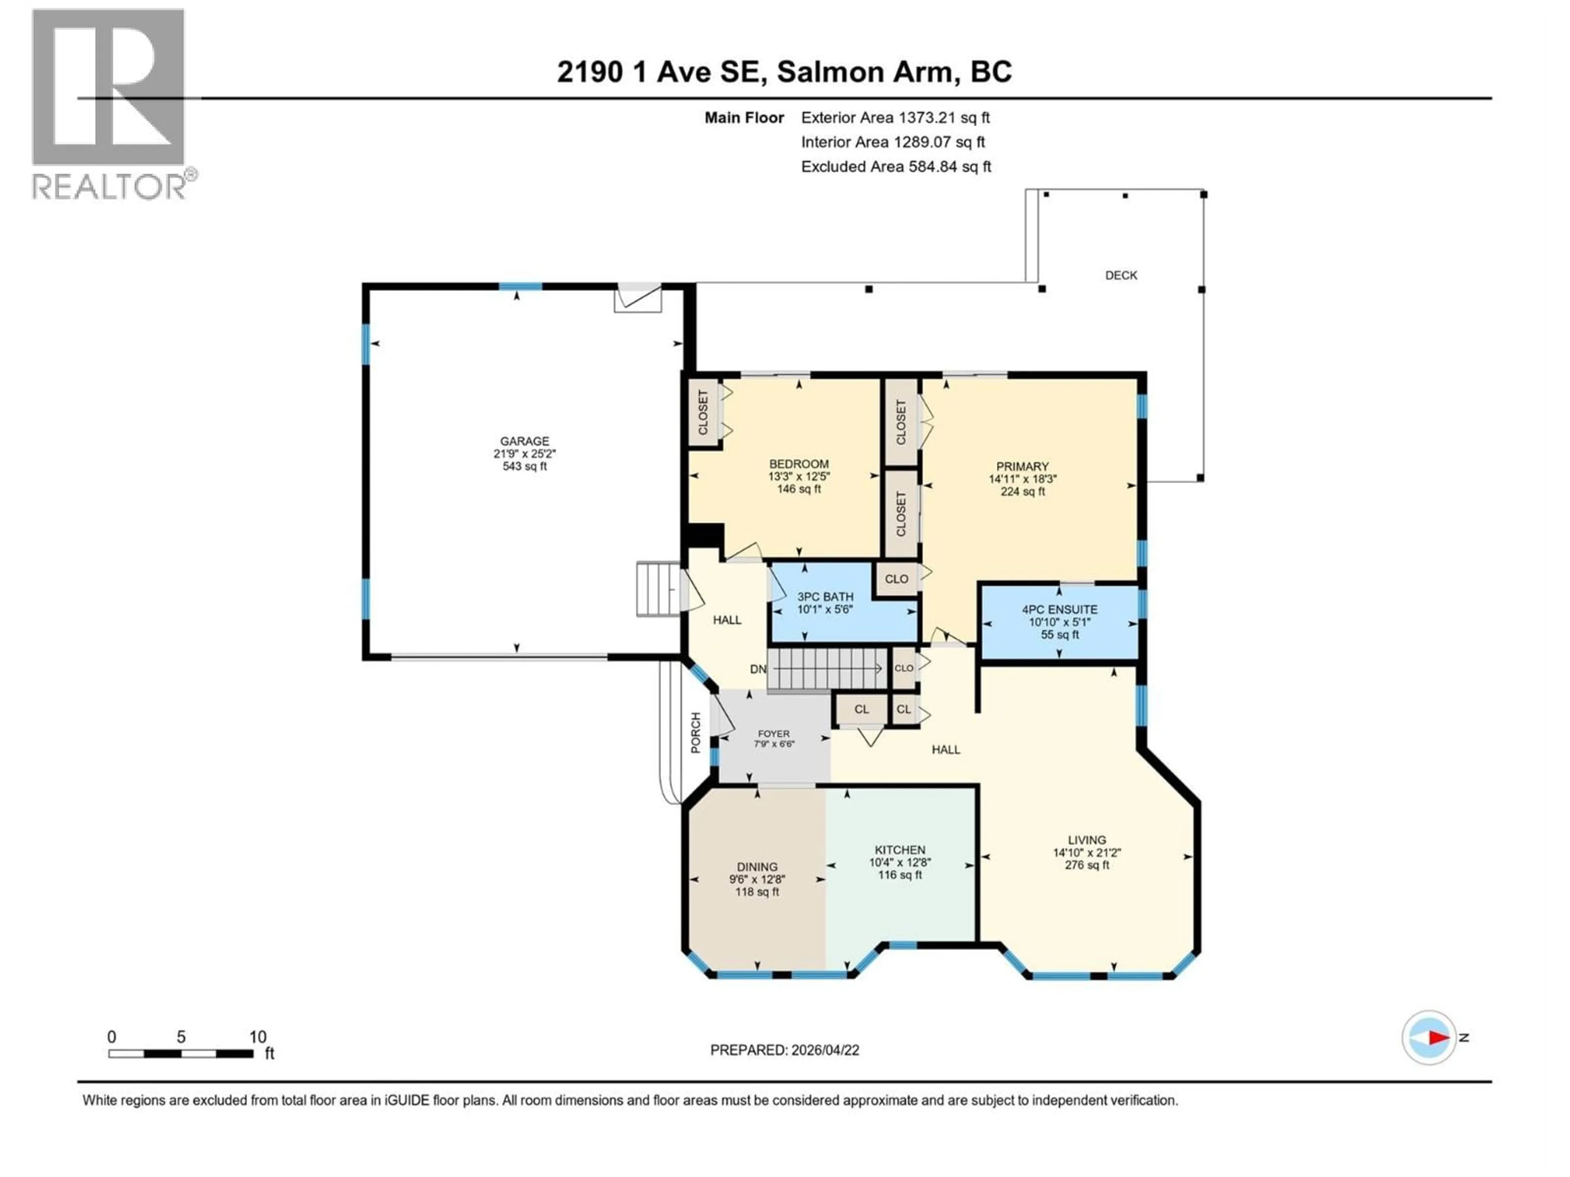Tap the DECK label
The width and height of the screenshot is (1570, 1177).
click(1121, 275)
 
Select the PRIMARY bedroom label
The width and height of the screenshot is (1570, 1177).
click(1022, 467)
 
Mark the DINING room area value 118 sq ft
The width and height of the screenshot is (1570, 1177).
click(757, 892)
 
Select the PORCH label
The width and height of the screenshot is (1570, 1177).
click(695, 732)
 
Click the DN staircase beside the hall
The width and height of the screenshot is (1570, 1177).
click(827, 668)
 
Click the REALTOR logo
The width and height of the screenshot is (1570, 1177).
click(110, 103)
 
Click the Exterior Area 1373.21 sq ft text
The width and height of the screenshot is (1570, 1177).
click(895, 118)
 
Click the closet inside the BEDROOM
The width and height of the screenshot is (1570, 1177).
click(703, 413)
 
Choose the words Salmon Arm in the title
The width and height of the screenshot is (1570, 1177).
click(864, 72)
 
